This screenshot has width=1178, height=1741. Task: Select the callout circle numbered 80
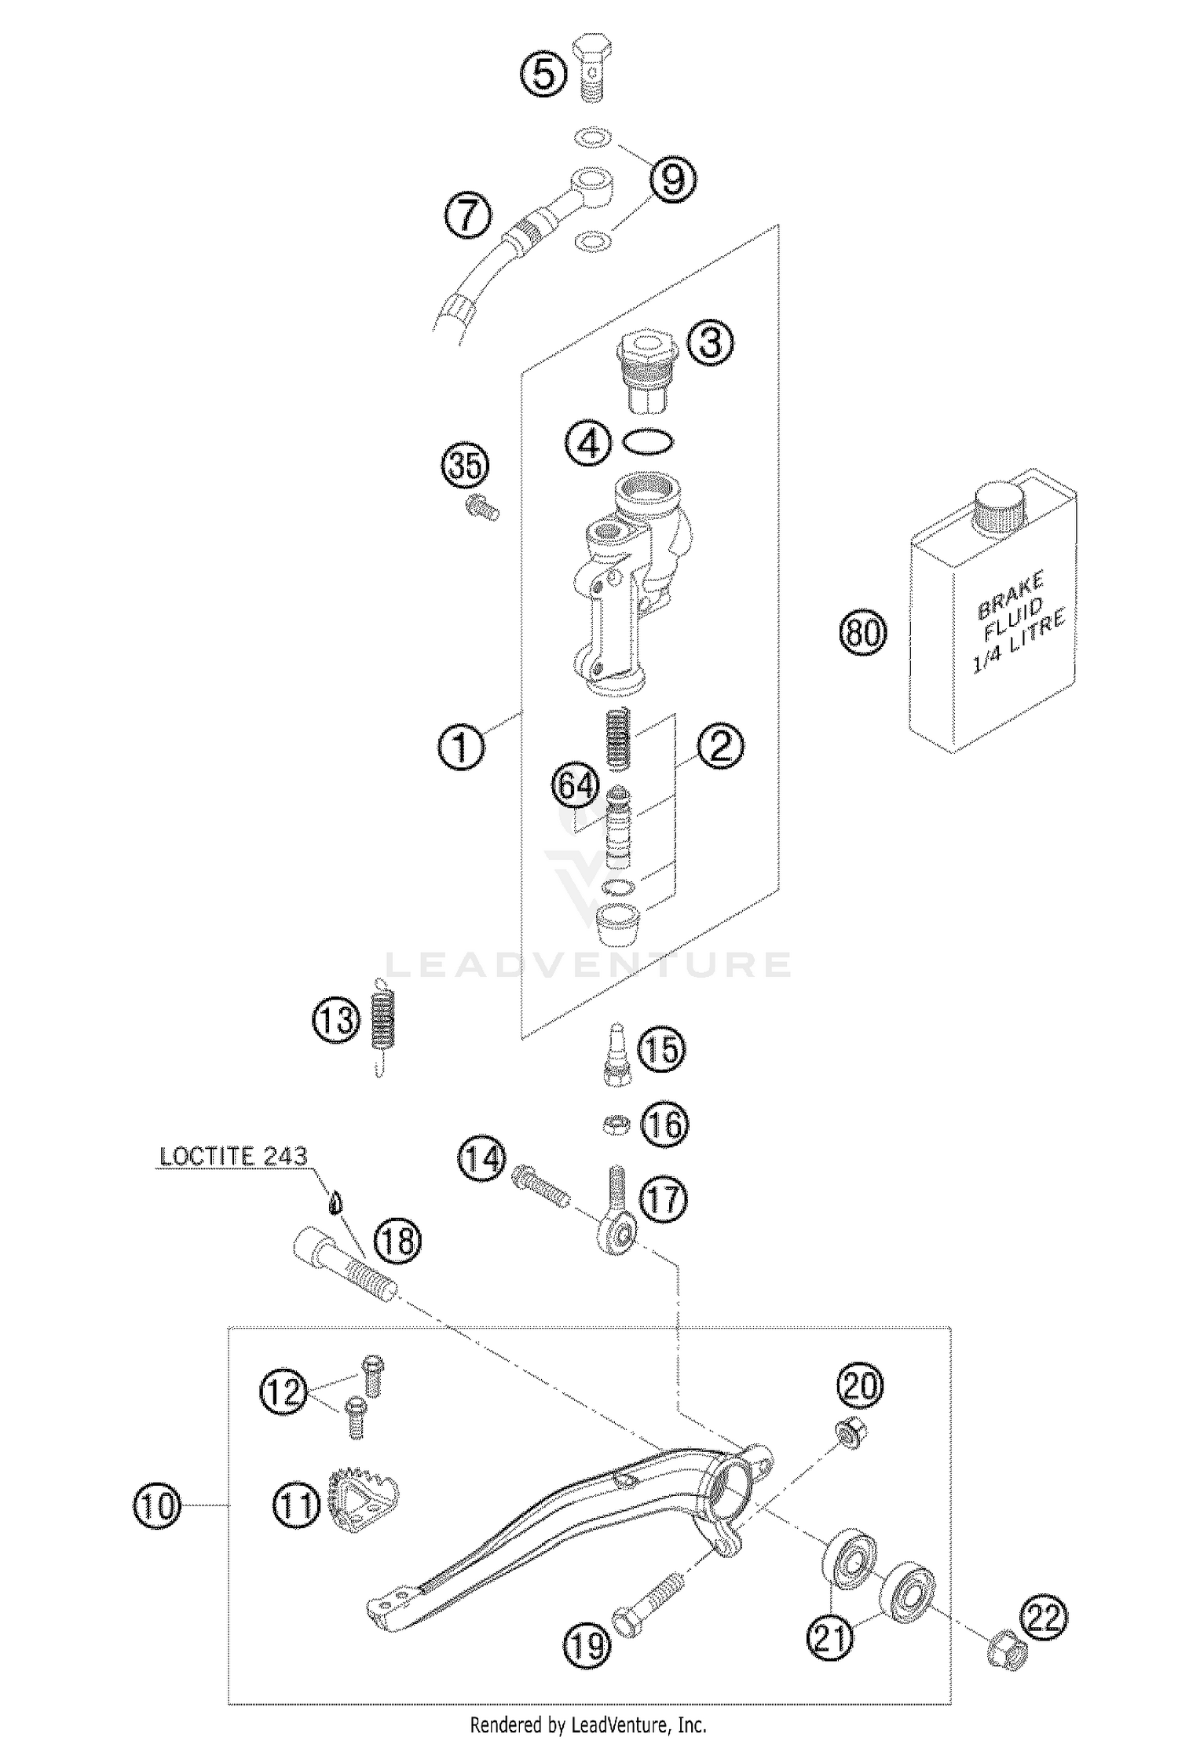click(863, 632)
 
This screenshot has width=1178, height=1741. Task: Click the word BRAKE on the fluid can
click(1009, 598)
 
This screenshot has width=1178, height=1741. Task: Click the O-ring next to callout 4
click(648, 442)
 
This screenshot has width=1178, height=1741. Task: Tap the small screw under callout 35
click(481, 508)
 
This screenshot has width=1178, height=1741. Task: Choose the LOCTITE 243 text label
click(233, 1157)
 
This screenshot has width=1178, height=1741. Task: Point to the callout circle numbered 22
click(1044, 1618)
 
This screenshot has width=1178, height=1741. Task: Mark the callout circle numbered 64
click(575, 785)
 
